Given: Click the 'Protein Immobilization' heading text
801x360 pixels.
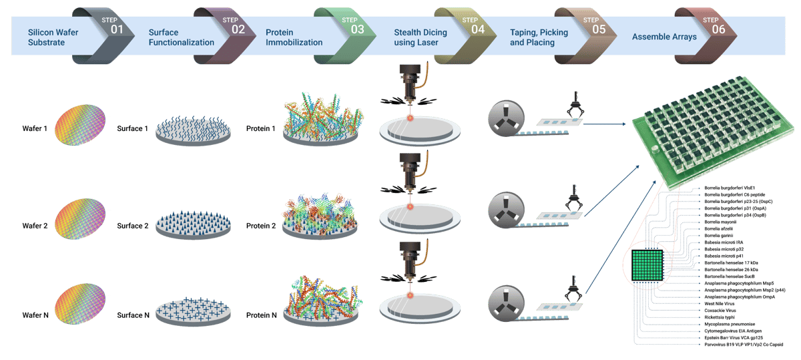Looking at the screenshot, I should [294, 37].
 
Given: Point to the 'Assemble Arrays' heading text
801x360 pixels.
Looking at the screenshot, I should [664, 37].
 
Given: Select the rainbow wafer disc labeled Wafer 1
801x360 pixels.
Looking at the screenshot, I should [79, 126].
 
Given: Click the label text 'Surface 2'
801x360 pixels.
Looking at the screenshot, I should [132, 226].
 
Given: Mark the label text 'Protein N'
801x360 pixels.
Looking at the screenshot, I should [262, 315].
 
